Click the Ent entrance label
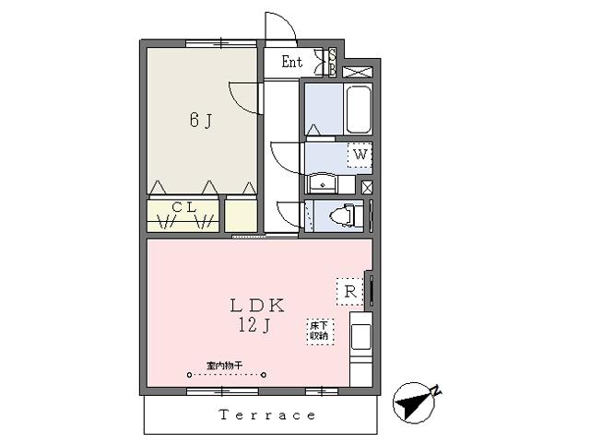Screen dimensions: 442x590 (x=291, y=63)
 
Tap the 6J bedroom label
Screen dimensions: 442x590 (x=202, y=119)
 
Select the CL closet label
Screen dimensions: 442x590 (x=184, y=207)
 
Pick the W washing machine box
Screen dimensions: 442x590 (x=360, y=155)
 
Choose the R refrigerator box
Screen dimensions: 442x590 (x=350, y=292)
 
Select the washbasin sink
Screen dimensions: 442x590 (x=323, y=181)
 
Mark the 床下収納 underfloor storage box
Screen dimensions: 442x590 (x=319, y=331)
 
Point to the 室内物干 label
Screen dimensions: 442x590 (x=224, y=366)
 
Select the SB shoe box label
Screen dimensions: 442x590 (x=333, y=62)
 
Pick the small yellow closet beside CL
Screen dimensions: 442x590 (x=242, y=215)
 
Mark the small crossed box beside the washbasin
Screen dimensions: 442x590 (x=368, y=188)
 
